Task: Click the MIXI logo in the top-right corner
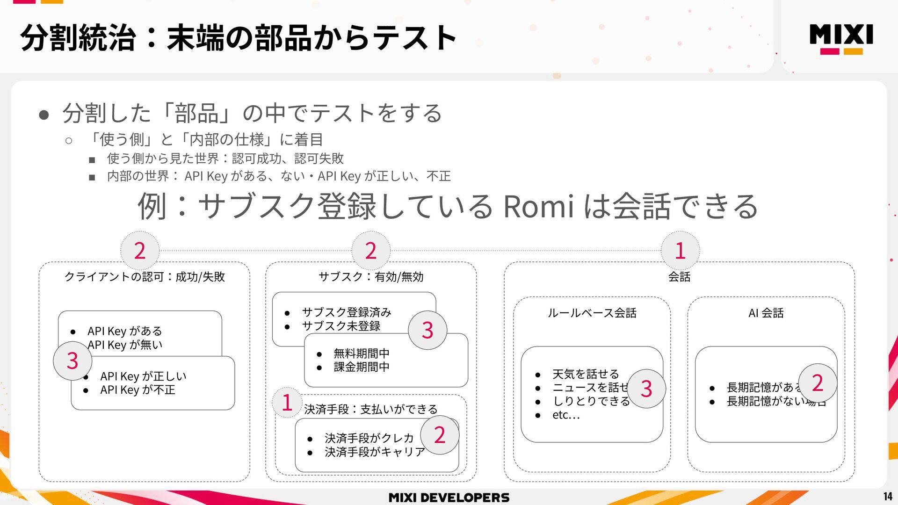click(x=841, y=38)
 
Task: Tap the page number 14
click(x=888, y=496)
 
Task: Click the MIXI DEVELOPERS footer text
click(x=449, y=498)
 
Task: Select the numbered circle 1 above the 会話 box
click(x=680, y=251)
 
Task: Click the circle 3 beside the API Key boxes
click(x=72, y=361)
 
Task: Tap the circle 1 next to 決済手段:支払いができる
click(x=287, y=403)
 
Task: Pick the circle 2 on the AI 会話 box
click(x=817, y=383)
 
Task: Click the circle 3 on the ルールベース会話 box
click(x=646, y=389)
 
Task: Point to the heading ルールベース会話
click(x=592, y=313)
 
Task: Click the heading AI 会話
click(x=766, y=313)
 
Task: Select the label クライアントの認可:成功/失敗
click(x=145, y=277)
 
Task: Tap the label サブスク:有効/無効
click(x=371, y=277)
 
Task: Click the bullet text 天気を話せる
click(x=586, y=374)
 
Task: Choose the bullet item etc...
click(x=566, y=415)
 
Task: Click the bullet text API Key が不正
click(x=138, y=390)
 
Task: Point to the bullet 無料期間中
click(x=361, y=353)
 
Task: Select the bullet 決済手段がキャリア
click(x=375, y=452)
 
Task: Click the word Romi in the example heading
click(x=538, y=207)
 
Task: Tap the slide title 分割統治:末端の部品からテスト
click(x=239, y=38)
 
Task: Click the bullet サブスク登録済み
click(x=346, y=312)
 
